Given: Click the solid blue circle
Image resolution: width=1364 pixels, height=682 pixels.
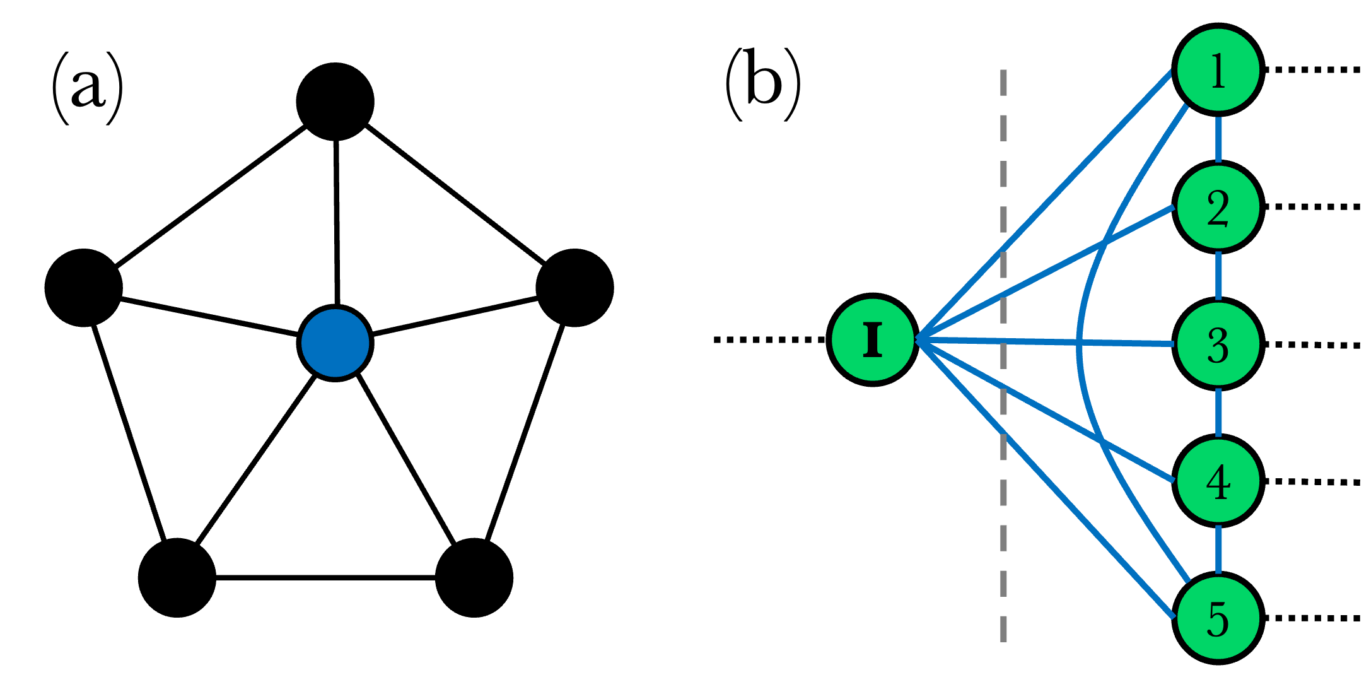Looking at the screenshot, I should (335, 343).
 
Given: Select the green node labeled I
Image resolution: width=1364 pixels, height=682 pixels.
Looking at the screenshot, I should (873, 340).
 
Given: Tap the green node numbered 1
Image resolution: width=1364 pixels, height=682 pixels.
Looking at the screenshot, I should (1218, 69).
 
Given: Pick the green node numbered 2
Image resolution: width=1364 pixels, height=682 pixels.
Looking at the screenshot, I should (1218, 207).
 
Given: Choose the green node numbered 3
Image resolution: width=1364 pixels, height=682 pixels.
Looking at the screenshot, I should (1218, 344).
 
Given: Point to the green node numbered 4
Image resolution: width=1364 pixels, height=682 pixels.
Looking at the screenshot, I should (1218, 481).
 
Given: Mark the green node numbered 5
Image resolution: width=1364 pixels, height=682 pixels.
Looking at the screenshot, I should (1218, 618).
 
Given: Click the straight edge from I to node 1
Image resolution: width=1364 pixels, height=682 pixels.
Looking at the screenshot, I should (1047, 205).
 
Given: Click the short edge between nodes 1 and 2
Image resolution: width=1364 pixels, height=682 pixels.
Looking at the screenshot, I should (1218, 139).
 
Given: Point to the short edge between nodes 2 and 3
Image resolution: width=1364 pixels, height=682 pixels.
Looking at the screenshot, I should (1218, 276).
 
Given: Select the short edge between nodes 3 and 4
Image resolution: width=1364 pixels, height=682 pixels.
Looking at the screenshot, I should (1218, 413).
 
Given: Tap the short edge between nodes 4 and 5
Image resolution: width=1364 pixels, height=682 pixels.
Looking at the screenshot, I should (1218, 550).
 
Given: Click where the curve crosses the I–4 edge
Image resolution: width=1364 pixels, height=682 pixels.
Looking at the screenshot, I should (1102, 442).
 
